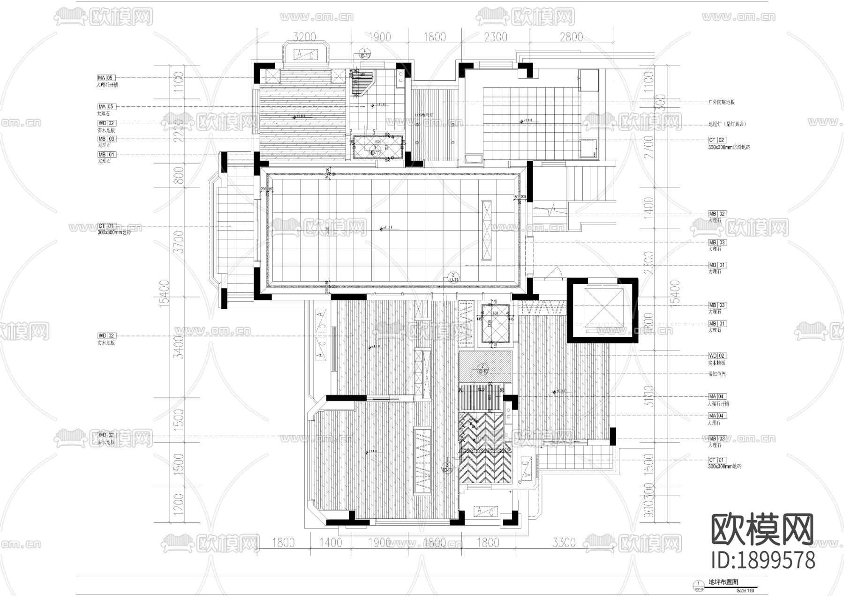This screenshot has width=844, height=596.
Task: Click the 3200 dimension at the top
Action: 304,37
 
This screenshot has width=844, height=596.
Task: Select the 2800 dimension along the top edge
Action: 571,37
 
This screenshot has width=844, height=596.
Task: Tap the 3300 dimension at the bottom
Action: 564,543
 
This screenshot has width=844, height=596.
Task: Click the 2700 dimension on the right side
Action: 649,147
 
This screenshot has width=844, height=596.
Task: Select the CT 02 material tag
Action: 716,140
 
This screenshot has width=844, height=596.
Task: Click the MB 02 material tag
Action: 716,214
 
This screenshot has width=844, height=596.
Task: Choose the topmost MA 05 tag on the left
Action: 106,78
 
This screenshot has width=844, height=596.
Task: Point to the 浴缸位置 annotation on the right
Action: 717,374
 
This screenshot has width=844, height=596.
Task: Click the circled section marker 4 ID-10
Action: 365,53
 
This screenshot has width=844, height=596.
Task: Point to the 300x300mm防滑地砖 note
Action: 729,147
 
